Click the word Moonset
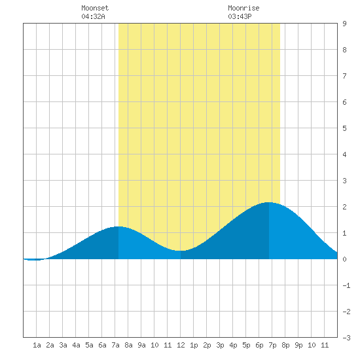(95, 8)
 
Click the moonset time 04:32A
(93, 16)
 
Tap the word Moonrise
(243, 8)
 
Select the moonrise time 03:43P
(240, 16)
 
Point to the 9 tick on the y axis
(344, 24)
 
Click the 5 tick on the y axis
(344, 128)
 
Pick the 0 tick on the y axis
(344, 259)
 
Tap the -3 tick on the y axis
(346, 338)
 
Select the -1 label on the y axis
(346, 285)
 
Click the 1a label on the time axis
(37, 345)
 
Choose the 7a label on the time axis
(115, 345)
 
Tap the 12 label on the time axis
(181, 345)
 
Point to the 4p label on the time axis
(233, 345)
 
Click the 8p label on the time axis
(285, 345)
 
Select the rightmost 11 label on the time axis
(325, 345)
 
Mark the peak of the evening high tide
(268, 202)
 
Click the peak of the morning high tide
(118, 226)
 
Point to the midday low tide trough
(181, 251)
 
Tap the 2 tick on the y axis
(344, 207)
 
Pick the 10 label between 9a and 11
(154, 345)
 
